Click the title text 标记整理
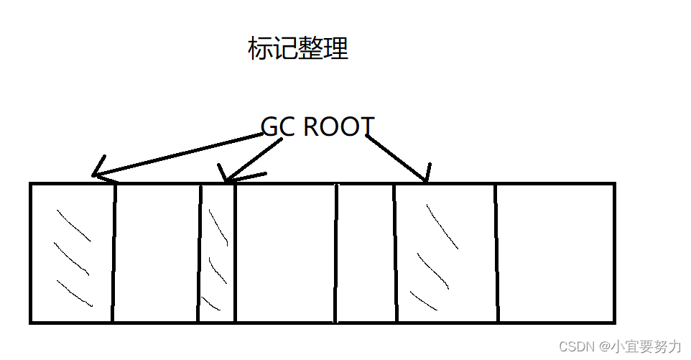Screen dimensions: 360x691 pyautogui.click(x=298, y=49)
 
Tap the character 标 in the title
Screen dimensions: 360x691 pyautogui.click(x=260, y=49)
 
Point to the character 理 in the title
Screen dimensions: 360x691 pyautogui.click(x=336, y=49)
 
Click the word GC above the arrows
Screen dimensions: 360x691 pyautogui.click(x=278, y=127)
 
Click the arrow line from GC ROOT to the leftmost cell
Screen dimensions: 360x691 pyautogui.click(x=180, y=155)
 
